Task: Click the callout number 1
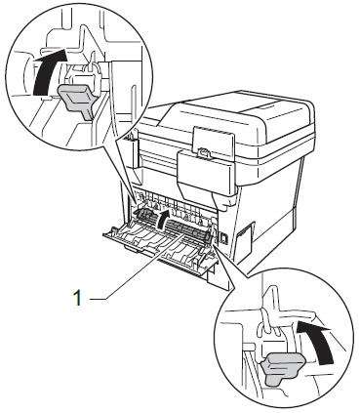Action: (77, 298)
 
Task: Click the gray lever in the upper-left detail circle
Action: (77, 100)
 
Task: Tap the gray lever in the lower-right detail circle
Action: (283, 369)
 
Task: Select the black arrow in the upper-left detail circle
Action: (48, 71)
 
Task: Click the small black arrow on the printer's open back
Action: (163, 219)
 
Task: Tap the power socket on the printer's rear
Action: (224, 238)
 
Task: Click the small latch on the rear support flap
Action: (203, 151)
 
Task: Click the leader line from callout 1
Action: (137, 266)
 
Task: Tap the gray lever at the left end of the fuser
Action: (143, 215)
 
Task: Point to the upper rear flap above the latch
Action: (213, 140)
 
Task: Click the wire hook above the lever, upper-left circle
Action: (93, 67)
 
